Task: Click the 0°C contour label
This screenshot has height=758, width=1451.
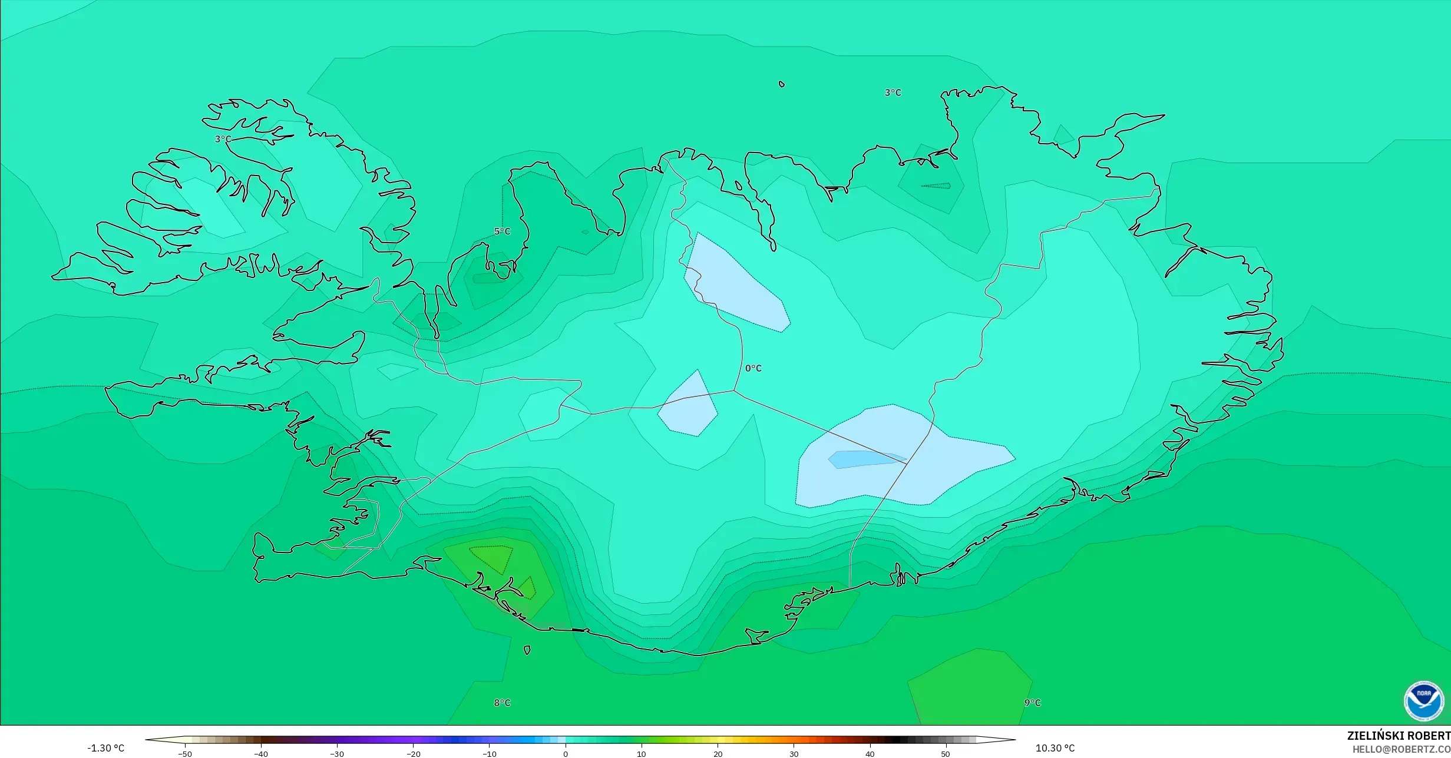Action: pos(753,368)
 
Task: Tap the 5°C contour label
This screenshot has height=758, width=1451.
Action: pos(502,231)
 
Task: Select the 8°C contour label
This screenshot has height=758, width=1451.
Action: pos(502,703)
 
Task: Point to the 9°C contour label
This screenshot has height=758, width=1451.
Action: pos(1032,703)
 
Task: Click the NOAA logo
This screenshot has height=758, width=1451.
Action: pos(1423,701)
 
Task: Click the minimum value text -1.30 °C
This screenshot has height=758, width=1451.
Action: pos(106,748)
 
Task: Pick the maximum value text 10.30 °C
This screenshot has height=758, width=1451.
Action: pos(1055,748)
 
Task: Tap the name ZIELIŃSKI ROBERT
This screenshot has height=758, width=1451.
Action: pos(1398,736)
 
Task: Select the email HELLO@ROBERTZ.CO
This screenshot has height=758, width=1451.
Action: pos(1401,749)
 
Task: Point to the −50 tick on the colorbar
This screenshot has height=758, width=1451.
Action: pos(185,753)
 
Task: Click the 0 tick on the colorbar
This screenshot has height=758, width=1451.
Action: pos(566,753)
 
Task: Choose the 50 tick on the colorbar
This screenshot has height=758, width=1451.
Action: pos(946,753)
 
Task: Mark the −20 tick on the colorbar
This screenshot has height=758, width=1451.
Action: pos(414,753)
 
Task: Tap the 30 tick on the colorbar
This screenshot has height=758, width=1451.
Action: pos(794,753)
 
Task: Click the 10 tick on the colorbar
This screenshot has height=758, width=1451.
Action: pos(642,753)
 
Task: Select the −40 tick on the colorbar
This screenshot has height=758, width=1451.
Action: pos(261,753)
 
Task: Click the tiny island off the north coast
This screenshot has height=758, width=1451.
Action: pos(782,84)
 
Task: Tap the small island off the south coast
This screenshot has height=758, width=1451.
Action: pos(527,650)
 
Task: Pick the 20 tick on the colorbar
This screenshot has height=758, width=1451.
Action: pos(718,753)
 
